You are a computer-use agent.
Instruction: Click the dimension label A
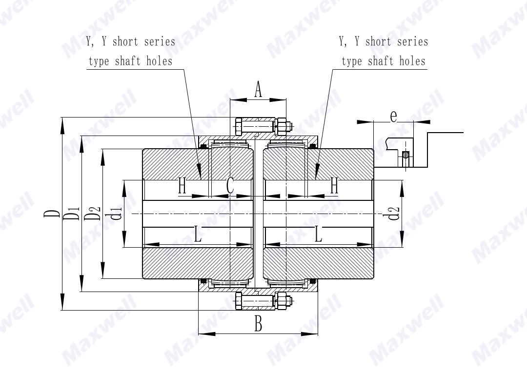pyautogui.click(x=258, y=90)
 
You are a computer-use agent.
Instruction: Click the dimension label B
pyautogui.click(x=259, y=324)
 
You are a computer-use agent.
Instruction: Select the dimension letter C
pyautogui.click(x=230, y=186)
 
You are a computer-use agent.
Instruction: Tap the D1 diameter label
pyautogui.click(x=73, y=213)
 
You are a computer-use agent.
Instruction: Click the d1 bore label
pyautogui.click(x=116, y=213)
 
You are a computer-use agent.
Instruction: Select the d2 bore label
pyautogui.click(x=394, y=213)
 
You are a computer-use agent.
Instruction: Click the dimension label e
pyautogui.click(x=393, y=116)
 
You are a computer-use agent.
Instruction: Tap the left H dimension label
pyautogui.click(x=182, y=186)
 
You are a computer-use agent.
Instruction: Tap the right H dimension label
pyautogui.click(x=334, y=186)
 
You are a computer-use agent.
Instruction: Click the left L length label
pyautogui.click(x=198, y=235)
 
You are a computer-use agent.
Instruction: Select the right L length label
pyautogui.click(x=318, y=235)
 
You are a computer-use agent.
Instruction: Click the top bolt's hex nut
pyautogui.click(x=281, y=126)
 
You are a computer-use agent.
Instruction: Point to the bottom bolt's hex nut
pyautogui.click(x=281, y=300)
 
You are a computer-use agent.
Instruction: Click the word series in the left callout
pyautogui.click(x=159, y=41)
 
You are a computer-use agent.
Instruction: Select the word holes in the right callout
pyautogui.click(x=412, y=61)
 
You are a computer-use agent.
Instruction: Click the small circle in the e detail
pyautogui.click(x=405, y=155)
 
